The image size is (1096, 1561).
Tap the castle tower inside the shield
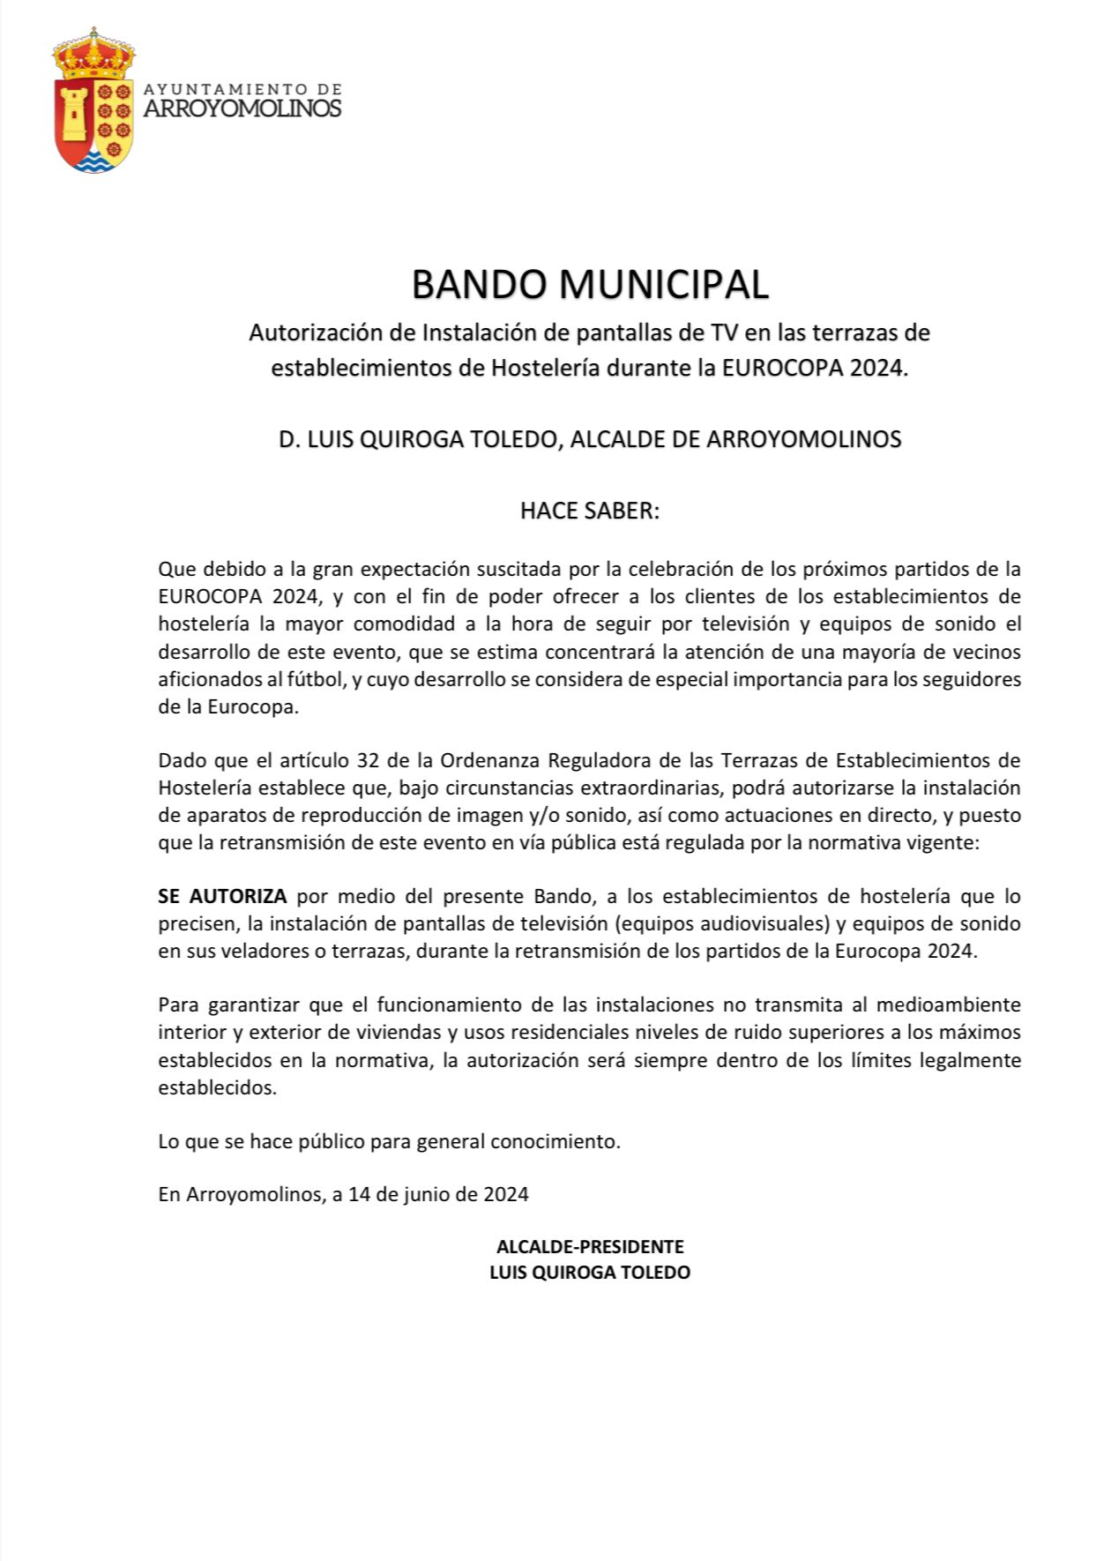click(x=75, y=110)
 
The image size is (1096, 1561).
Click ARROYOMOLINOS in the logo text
click(x=242, y=108)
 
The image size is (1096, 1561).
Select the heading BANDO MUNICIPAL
click(x=590, y=284)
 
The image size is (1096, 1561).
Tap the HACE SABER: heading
click(x=589, y=511)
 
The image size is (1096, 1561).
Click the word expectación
click(x=394, y=568)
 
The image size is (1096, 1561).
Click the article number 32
click(x=369, y=759)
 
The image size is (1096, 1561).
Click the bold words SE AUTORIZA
click(x=222, y=897)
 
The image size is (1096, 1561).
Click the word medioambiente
click(x=952, y=1005)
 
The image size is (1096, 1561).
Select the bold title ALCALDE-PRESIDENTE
click(x=589, y=1247)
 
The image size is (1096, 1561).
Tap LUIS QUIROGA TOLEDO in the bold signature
click(x=589, y=1273)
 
